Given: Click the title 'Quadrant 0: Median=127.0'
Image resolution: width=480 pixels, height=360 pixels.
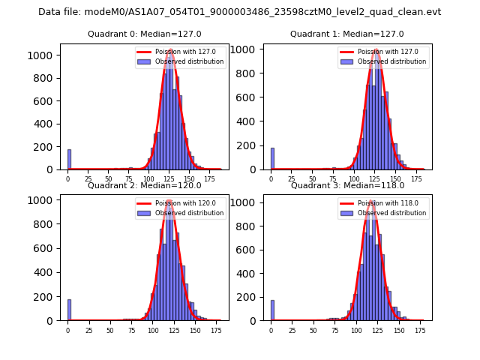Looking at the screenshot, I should [x=144, y=34].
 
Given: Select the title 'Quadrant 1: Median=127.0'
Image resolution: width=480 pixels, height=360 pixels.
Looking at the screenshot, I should [x=347, y=34].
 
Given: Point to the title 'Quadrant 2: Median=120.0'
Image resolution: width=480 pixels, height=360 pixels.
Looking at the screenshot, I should [x=144, y=185].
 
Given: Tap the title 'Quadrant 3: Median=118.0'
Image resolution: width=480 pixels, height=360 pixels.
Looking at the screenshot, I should [x=347, y=185].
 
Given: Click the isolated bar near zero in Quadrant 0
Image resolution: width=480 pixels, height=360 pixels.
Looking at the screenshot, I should [x=69, y=160].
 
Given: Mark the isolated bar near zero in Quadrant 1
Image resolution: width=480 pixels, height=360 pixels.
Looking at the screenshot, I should [x=272, y=159].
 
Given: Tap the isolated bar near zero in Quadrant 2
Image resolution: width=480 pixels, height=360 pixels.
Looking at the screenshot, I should [x=68, y=310].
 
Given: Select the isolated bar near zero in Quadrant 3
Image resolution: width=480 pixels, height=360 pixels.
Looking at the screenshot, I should [x=272, y=310].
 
